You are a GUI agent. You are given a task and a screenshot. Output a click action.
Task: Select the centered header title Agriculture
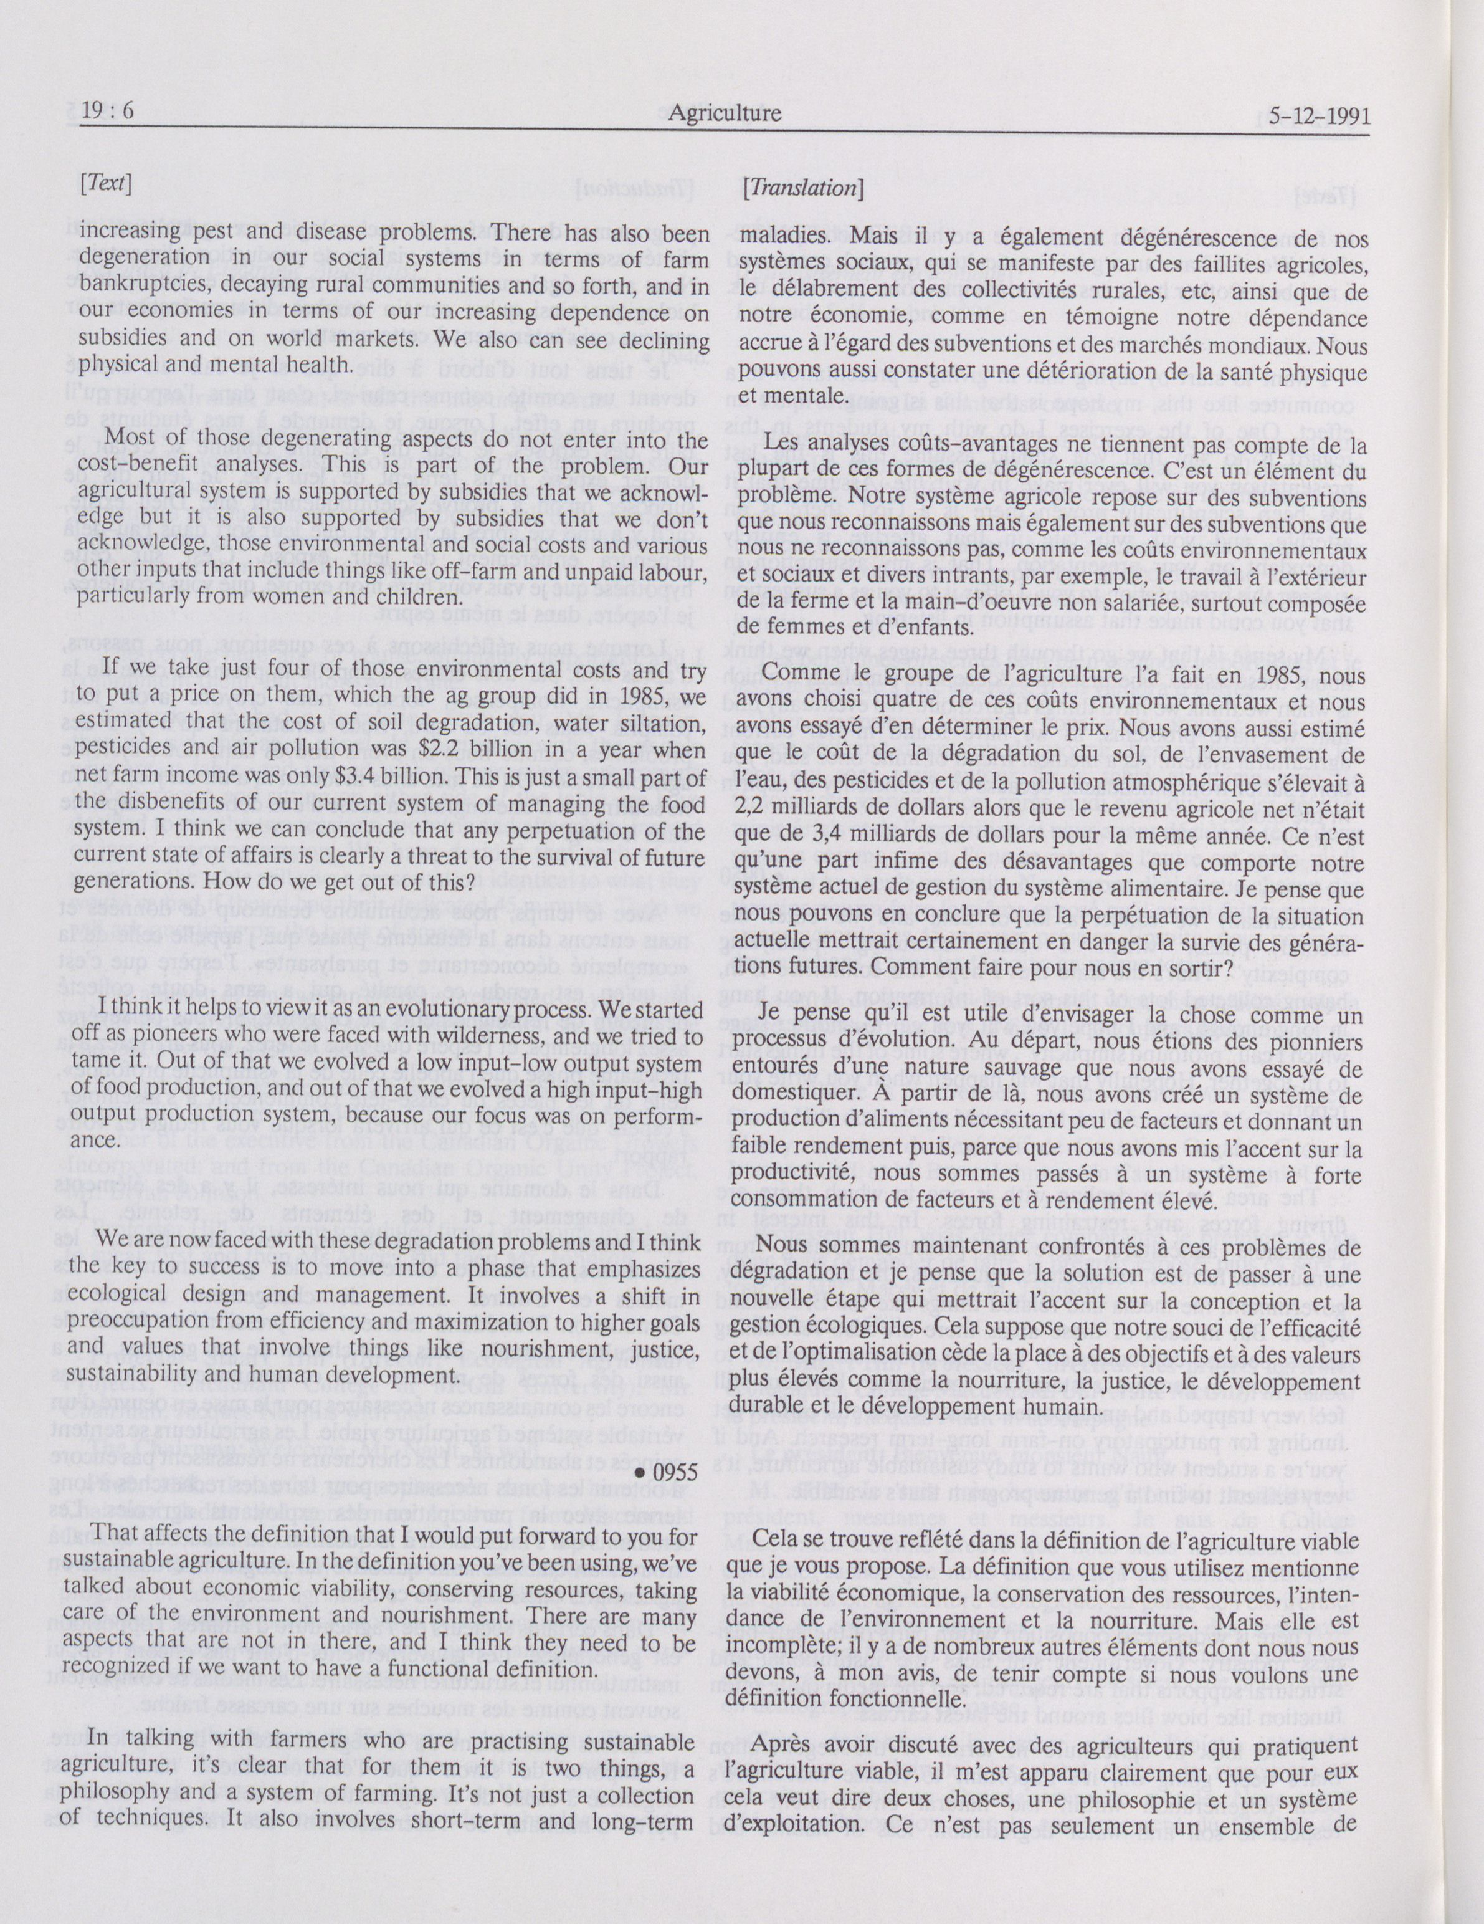point(724,113)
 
